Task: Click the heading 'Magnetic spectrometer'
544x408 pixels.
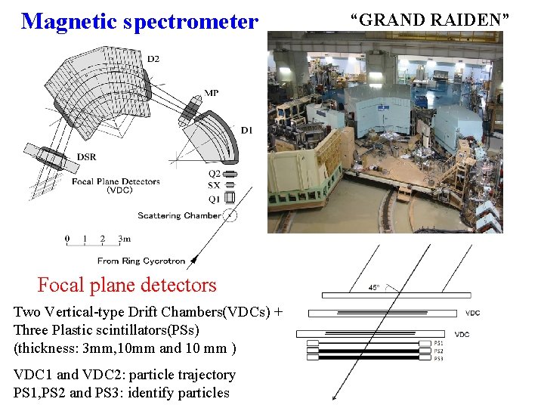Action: click(x=139, y=21)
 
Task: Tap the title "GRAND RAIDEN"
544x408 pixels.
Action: click(x=429, y=20)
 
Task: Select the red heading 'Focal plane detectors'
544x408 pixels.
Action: click(x=127, y=285)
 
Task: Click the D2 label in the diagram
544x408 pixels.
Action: click(x=153, y=59)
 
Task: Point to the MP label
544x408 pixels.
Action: click(x=212, y=93)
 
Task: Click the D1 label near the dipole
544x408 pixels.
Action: click(x=246, y=131)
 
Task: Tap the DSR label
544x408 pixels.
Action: click(x=86, y=157)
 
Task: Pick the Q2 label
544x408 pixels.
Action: click(x=215, y=174)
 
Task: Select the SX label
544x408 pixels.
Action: click(x=215, y=185)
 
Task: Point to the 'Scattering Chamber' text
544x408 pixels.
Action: click(x=180, y=215)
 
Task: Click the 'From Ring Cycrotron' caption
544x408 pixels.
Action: click(x=141, y=261)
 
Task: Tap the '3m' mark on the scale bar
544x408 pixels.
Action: click(x=124, y=240)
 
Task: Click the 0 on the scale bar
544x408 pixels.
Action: click(x=67, y=240)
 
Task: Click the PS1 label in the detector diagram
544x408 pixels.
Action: click(x=438, y=343)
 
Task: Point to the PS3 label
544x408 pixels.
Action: click(x=438, y=358)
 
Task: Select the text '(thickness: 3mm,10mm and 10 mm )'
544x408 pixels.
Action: click(x=125, y=348)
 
